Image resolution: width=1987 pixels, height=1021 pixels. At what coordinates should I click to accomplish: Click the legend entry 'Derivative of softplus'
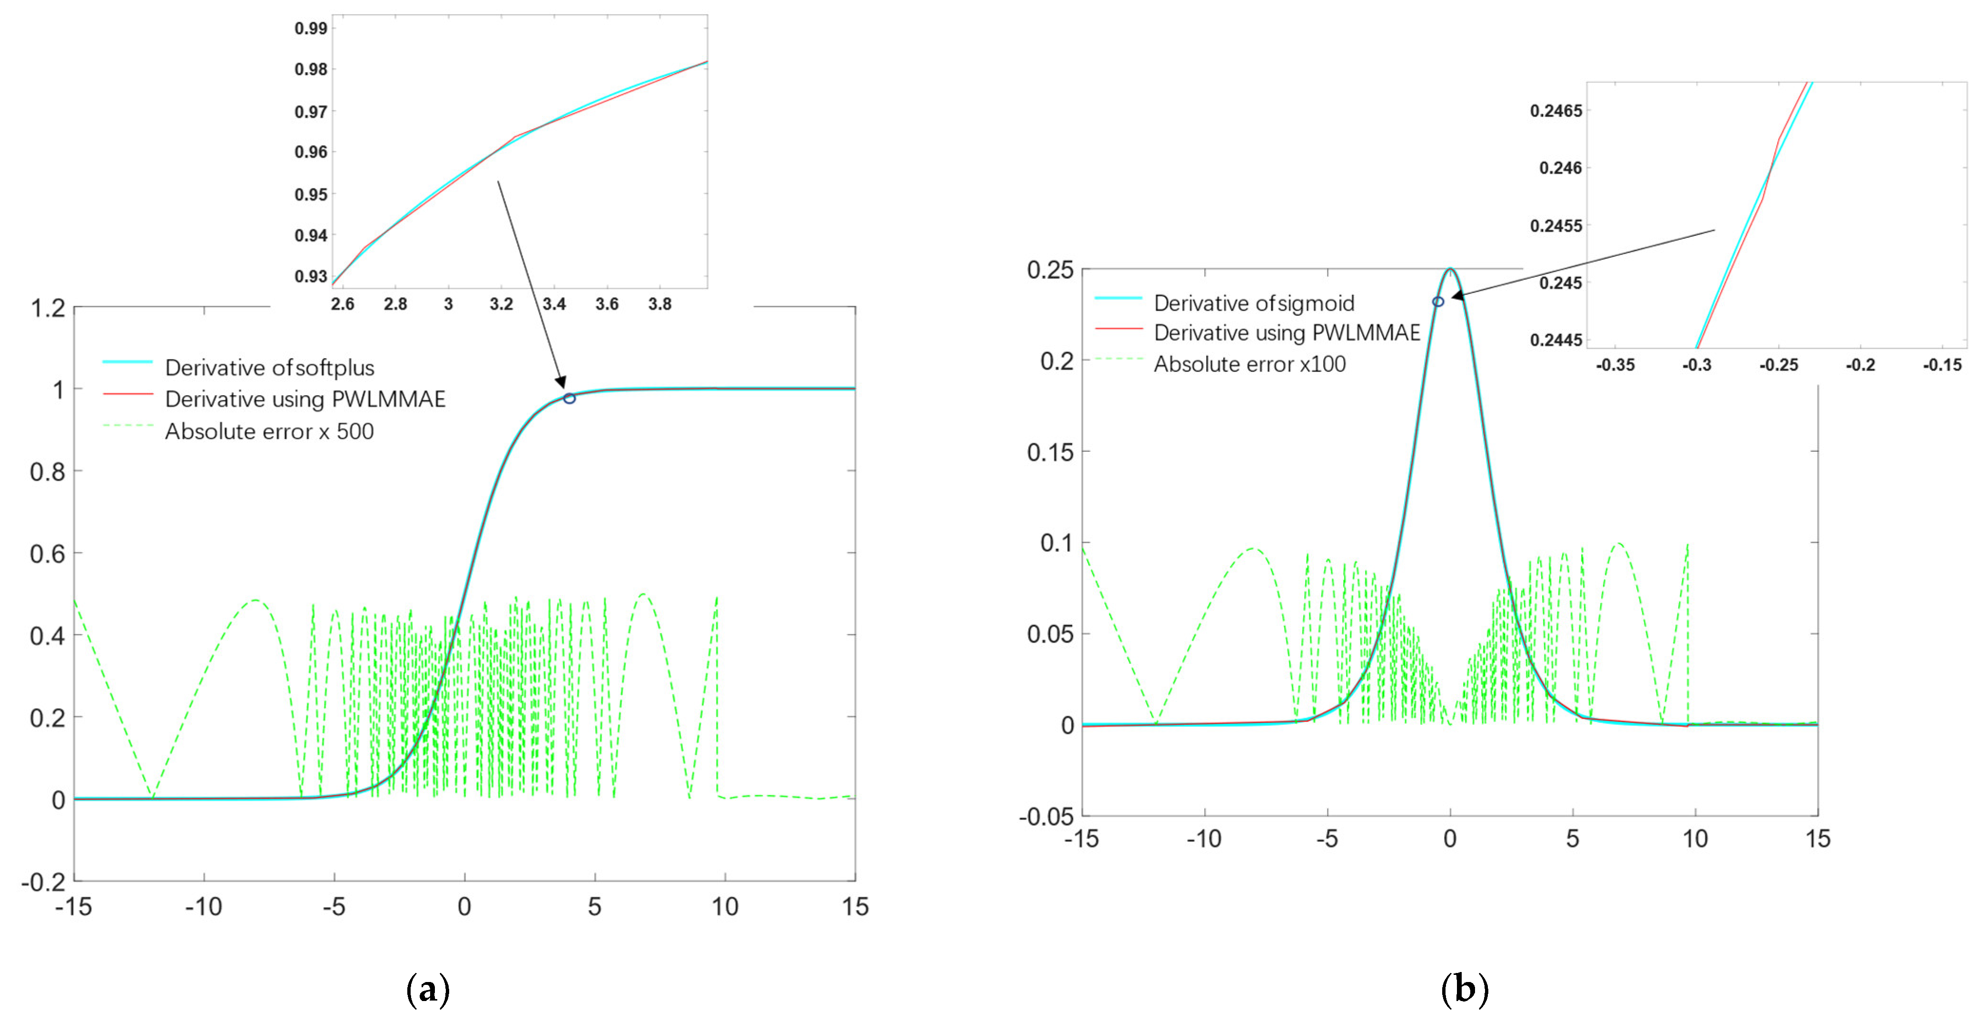pos(269,368)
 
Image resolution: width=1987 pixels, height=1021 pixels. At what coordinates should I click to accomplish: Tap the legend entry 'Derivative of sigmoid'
pos(1253,303)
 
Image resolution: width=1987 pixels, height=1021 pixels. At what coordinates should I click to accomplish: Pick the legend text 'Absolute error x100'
pos(1249,364)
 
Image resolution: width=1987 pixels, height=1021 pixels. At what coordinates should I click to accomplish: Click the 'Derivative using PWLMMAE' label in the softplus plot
pos(305,399)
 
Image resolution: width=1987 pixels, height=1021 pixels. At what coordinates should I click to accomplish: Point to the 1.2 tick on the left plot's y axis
pos(48,309)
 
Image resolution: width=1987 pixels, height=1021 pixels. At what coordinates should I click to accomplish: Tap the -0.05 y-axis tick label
pos(1047,817)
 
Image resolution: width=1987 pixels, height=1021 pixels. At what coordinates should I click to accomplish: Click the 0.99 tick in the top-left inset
pos(311,29)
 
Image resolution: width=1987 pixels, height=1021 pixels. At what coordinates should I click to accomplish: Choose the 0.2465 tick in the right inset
pos(1555,111)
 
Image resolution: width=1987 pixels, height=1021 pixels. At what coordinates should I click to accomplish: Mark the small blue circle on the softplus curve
pos(569,399)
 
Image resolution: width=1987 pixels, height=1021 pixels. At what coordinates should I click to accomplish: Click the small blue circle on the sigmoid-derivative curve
pos(1438,301)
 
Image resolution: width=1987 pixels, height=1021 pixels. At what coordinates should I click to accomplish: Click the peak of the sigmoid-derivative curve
pos(1450,269)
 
